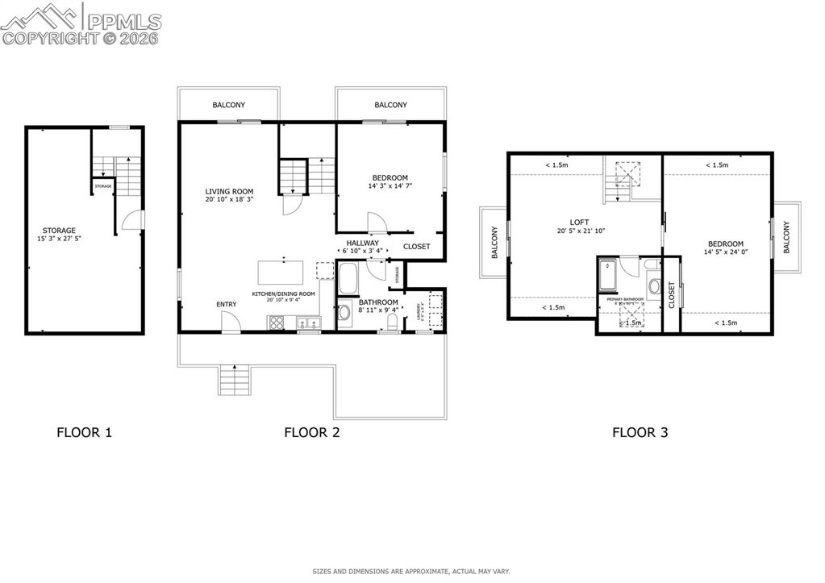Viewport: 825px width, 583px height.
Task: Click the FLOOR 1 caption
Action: pos(84,432)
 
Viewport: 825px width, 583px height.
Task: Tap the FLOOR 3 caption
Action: pos(640,432)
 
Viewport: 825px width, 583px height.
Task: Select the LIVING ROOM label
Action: pos(229,191)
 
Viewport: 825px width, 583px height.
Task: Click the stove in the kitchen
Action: pos(276,323)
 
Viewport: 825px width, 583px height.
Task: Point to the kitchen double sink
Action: pos(310,323)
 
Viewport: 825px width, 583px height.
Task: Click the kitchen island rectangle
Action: pos(283,270)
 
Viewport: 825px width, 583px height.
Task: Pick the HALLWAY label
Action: pos(362,243)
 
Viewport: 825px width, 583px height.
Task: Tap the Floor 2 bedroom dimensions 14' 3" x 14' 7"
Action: pos(390,186)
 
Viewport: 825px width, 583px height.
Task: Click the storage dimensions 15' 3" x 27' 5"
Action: pos(59,239)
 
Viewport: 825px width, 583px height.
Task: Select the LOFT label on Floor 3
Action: pos(578,223)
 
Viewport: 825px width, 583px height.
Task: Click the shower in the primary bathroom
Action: pos(608,274)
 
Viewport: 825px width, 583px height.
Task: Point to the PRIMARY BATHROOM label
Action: pos(624,299)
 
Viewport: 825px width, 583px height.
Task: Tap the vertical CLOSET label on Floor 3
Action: pos(671,295)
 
